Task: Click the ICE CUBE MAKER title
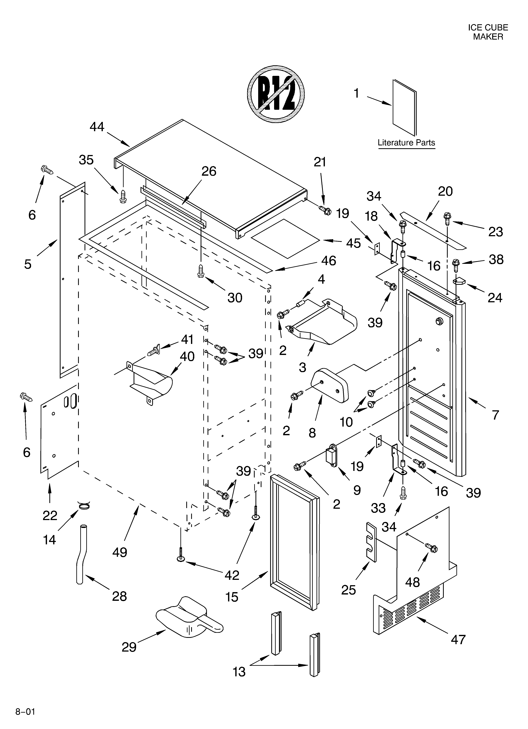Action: coord(488,32)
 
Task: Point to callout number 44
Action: coord(97,127)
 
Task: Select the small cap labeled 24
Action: coord(459,281)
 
